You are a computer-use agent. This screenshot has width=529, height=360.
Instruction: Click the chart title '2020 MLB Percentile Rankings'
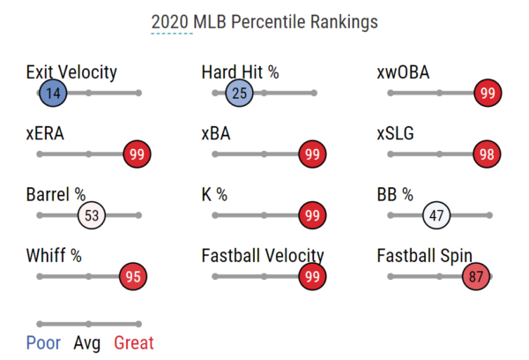tap(264, 21)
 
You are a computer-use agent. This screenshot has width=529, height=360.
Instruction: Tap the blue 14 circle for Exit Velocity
tap(53, 93)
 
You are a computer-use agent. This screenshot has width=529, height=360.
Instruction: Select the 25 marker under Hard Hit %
tap(239, 93)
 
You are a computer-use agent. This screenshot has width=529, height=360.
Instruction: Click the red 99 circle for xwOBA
tap(488, 93)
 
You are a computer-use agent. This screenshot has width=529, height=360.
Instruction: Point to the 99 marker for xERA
tap(137, 154)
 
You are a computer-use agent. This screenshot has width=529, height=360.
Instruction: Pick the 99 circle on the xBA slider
tap(312, 154)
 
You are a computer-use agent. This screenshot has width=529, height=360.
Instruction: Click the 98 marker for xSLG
tap(488, 154)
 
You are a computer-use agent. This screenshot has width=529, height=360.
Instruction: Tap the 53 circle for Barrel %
tap(92, 215)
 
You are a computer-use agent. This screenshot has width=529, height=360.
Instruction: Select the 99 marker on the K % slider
tap(312, 215)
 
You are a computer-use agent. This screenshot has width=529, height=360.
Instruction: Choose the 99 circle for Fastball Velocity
tap(312, 276)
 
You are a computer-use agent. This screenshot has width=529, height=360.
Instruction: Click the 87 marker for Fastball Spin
tap(478, 276)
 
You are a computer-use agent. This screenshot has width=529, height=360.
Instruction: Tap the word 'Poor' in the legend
tap(44, 342)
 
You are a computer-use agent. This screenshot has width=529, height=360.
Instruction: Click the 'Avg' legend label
tap(87, 342)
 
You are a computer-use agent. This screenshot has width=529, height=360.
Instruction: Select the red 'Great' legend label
tap(133, 342)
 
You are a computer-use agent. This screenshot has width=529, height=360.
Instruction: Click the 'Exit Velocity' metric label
tap(71, 72)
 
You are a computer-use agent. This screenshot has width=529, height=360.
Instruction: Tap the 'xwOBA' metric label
tap(403, 72)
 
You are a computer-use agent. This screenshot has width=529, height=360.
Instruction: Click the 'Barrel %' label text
tap(56, 195)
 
